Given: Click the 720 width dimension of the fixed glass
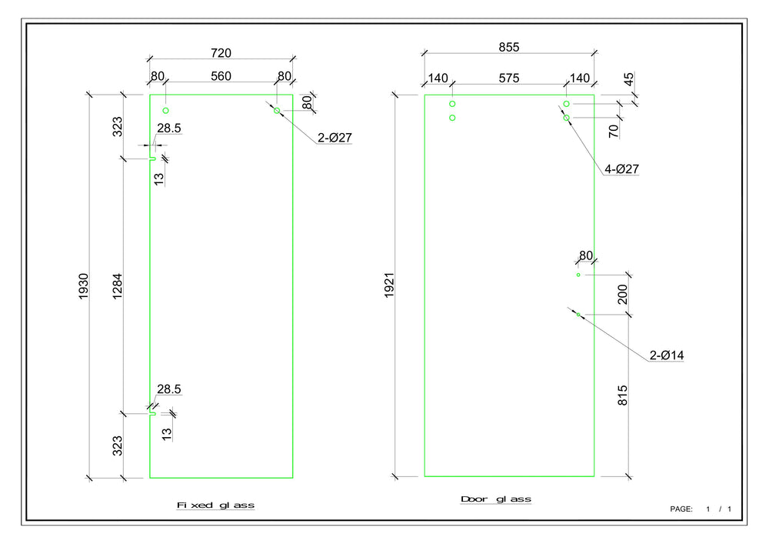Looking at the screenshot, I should coord(221,52).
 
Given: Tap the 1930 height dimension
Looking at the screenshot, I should coord(84,286).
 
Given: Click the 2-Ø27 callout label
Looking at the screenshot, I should coord(335,138).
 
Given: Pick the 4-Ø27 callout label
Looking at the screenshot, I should coord(621,169).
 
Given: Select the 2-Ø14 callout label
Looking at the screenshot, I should coord(666,355).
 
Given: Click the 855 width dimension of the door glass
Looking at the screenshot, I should coord(509,47).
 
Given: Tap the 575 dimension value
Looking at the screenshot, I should coord(509,78).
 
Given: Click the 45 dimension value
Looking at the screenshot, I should coord(629,79).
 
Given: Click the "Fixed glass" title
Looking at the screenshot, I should coord(215,506).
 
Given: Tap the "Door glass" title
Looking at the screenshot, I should coord(495,499).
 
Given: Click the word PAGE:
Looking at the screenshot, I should coord(681,509).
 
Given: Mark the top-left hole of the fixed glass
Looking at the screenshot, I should coord(165,111).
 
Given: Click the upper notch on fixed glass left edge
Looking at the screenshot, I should coord(153,159).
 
